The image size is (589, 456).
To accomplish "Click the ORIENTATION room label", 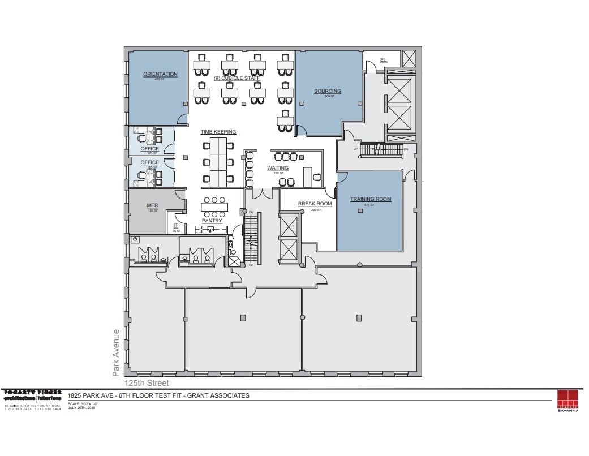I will [160, 74].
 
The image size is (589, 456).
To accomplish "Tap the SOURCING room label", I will [328, 91].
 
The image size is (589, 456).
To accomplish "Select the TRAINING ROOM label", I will [371, 199].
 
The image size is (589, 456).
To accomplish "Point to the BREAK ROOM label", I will [315, 204].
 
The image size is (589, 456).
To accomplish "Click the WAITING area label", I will [278, 168].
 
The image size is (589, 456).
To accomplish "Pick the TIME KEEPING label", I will [218, 132].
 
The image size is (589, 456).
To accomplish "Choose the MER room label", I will [152, 205].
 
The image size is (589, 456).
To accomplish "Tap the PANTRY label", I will [212, 221].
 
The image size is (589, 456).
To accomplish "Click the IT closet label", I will [175, 225].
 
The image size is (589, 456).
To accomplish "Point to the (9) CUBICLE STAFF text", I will [237, 78].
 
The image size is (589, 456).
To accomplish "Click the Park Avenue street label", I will [116, 352].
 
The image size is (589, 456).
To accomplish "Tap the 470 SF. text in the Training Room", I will [371, 205].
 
